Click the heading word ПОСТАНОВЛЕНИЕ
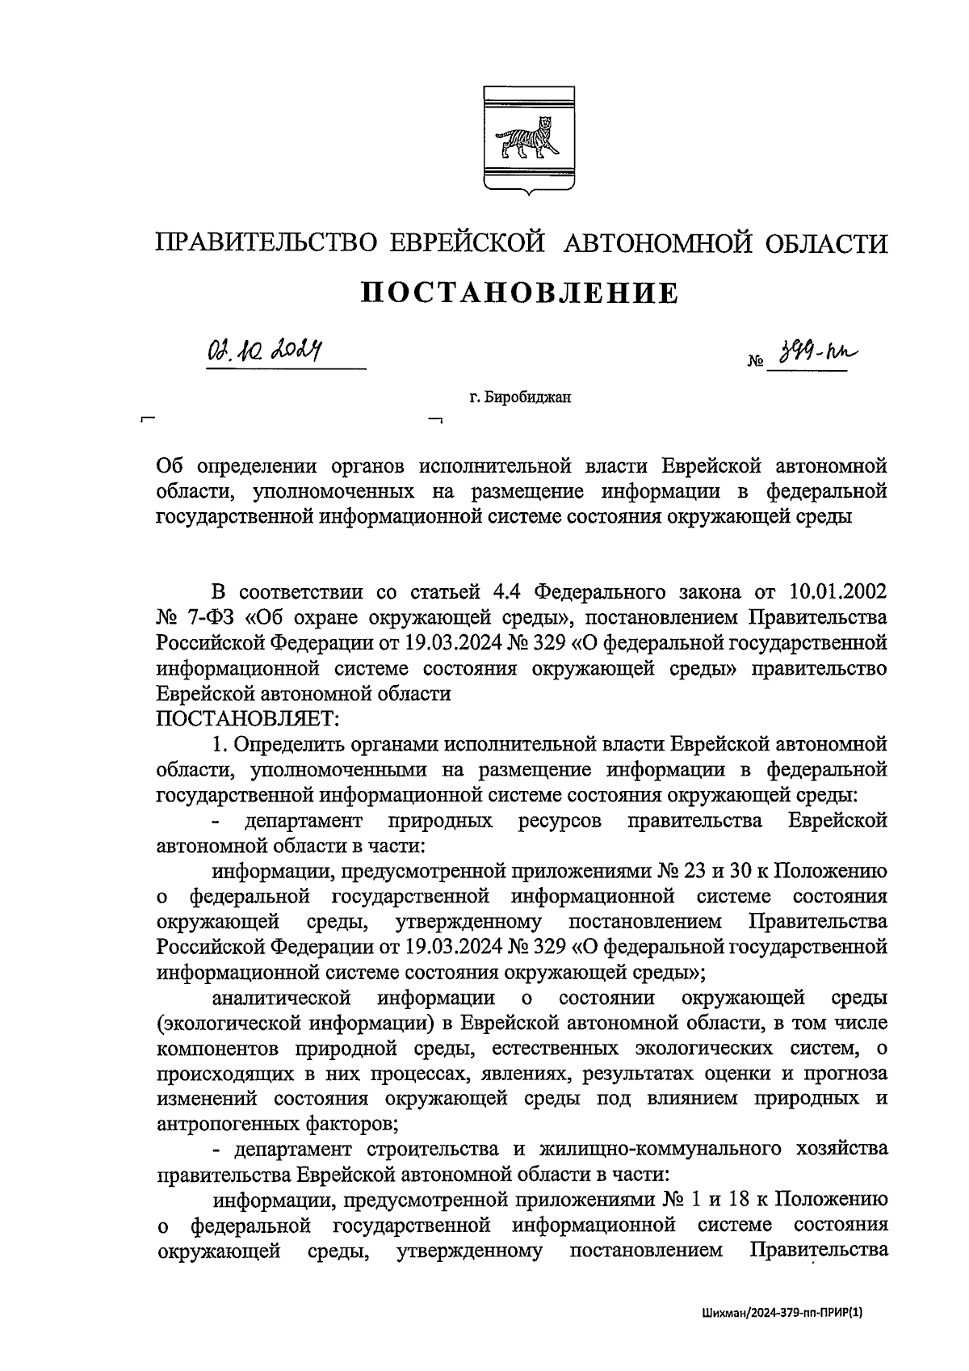tap(519, 293)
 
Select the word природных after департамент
tap(440, 822)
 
